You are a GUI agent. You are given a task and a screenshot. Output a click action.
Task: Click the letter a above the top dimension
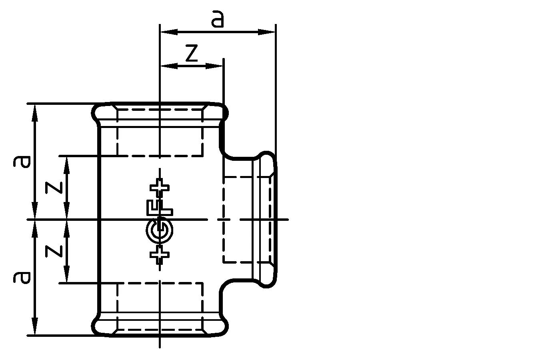pyautogui.click(x=218, y=20)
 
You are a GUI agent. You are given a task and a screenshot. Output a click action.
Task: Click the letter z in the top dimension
pyautogui.click(x=192, y=54)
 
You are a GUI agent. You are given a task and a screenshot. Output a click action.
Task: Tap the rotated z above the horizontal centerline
pyautogui.click(x=54, y=187)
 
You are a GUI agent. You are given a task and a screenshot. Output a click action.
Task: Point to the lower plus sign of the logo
pyautogui.click(x=160, y=254)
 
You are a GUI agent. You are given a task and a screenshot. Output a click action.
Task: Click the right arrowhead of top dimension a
pyautogui.click(x=266, y=32)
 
